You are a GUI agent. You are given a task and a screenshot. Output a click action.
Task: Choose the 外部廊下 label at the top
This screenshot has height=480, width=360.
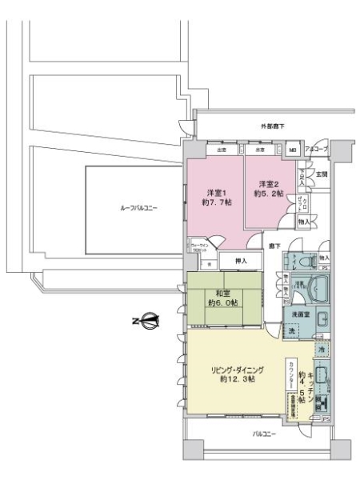[272, 127]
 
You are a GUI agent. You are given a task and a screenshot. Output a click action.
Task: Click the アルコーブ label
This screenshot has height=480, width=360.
[316, 150]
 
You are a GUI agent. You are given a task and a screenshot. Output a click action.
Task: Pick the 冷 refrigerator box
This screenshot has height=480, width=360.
[321, 350]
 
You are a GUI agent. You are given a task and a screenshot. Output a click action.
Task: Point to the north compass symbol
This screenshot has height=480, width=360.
[146, 321]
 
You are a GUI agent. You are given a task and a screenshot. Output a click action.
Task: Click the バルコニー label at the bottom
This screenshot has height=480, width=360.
[264, 433]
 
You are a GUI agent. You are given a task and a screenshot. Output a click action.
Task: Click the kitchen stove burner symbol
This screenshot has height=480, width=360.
[321, 400]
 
